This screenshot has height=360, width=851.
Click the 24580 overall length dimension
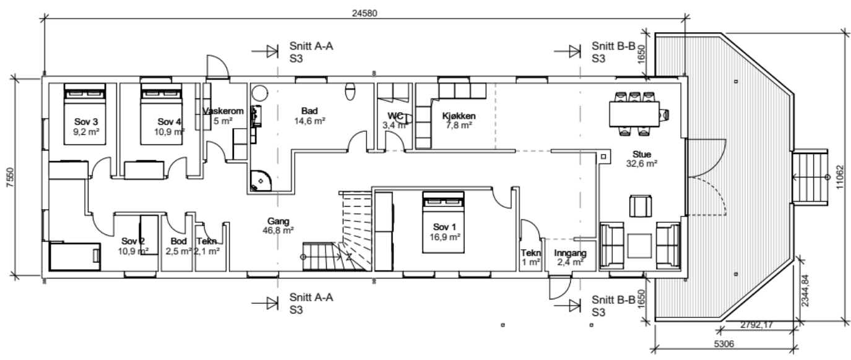pos(365,13)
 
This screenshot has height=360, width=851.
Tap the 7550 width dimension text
pos(11,178)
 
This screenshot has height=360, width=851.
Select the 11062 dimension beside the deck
pos(840,177)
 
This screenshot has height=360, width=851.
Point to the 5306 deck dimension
pos(724,344)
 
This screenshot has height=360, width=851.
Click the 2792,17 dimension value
pos(756,325)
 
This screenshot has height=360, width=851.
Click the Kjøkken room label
pos(459,116)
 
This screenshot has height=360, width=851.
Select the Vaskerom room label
pos(223,111)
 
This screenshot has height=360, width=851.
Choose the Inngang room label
pos(570,253)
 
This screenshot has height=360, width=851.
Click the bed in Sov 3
pos(85,114)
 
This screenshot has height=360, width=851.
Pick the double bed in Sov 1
pos(443,222)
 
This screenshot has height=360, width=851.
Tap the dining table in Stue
pos(634,114)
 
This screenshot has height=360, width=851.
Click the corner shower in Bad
pos(261,181)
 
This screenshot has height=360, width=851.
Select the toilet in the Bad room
pos(350,92)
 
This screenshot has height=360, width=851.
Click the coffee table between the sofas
pos(639,246)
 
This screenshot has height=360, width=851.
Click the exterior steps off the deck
pos(810,177)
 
